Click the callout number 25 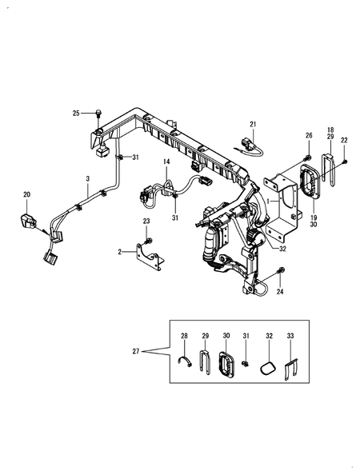coord(76,114)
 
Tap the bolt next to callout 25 coord(98,114)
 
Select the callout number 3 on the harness coord(88,179)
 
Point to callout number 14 coord(166,162)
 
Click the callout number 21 coord(253,124)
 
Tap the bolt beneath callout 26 coord(308,158)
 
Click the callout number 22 coord(344,140)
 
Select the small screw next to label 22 coord(345,162)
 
